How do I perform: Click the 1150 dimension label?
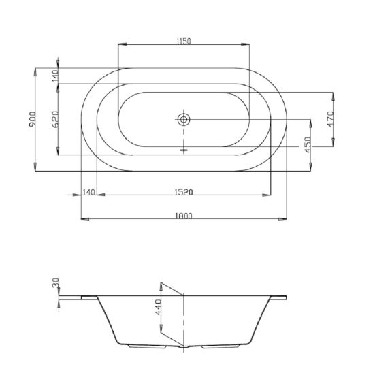(183, 41)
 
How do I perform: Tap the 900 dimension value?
(33, 119)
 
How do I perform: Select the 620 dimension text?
(55, 119)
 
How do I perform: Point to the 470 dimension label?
(331, 119)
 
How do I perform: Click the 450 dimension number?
(308, 145)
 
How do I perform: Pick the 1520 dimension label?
(184, 192)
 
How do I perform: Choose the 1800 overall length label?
(184, 216)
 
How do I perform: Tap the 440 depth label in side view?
(158, 308)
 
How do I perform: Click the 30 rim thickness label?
(55, 282)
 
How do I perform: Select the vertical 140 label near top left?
(55, 76)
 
